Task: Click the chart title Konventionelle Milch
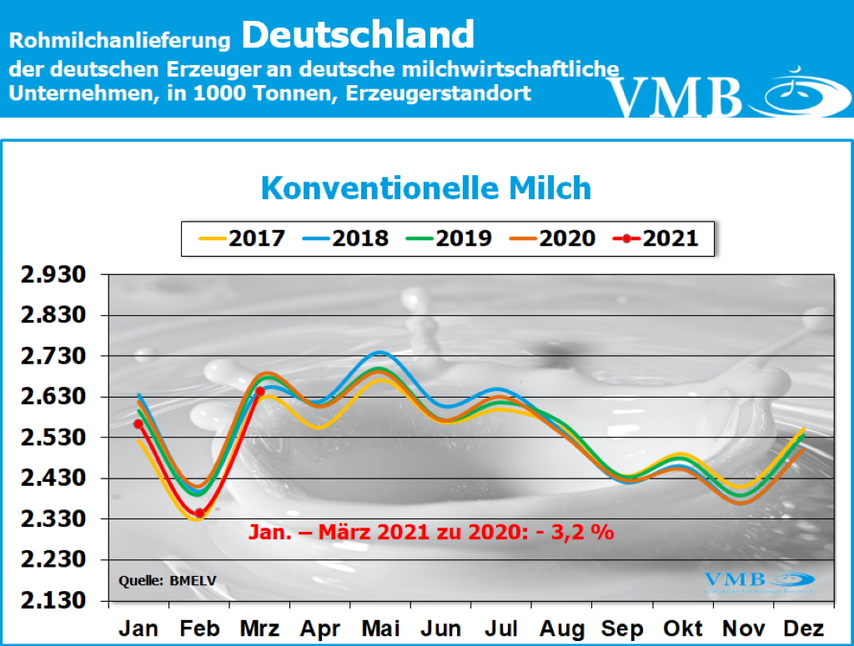pyautogui.click(x=426, y=188)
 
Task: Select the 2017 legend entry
pyautogui.click(x=243, y=238)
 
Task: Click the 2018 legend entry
pyautogui.click(x=346, y=238)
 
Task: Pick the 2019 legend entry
pyautogui.click(x=450, y=238)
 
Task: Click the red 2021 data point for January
pyautogui.click(x=138, y=423)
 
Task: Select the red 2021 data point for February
pyautogui.click(x=199, y=513)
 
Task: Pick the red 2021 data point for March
pyautogui.click(x=260, y=391)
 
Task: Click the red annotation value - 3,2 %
pyautogui.click(x=581, y=532)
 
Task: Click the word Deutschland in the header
pyautogui.click(x=359, y=35)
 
